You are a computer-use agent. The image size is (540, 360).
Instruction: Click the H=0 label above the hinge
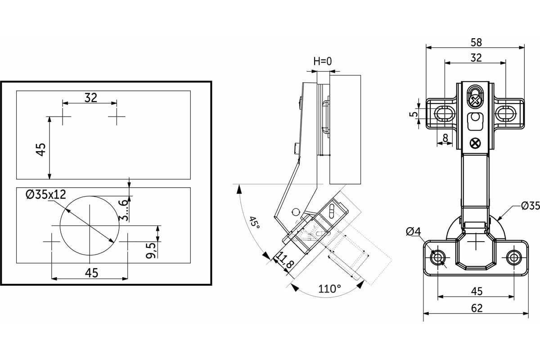[x=323, y=61]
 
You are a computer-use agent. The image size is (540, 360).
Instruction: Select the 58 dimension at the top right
[x=476, y=42]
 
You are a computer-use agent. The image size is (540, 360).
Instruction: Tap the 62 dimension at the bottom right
[x=477, y=308]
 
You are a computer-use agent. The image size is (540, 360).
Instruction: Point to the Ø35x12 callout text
[x=46, y=194]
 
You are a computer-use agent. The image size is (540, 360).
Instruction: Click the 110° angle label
[x=329, y=288]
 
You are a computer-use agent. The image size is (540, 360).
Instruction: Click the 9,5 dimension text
[x=151, y=250]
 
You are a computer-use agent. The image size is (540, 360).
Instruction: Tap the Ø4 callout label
[x=413, y=231]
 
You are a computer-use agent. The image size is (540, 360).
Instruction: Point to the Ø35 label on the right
[x=530, y=206]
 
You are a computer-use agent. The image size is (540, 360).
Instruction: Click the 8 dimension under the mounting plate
[x=445, y=139]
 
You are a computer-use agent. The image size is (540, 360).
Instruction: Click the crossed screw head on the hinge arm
[x=475, y=144]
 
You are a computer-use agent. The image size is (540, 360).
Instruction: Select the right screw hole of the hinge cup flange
[x=513, y=257]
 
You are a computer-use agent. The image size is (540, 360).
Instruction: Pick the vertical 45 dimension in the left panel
[x=41, y=148]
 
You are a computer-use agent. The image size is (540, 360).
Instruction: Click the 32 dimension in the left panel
[x=91, y=98]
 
